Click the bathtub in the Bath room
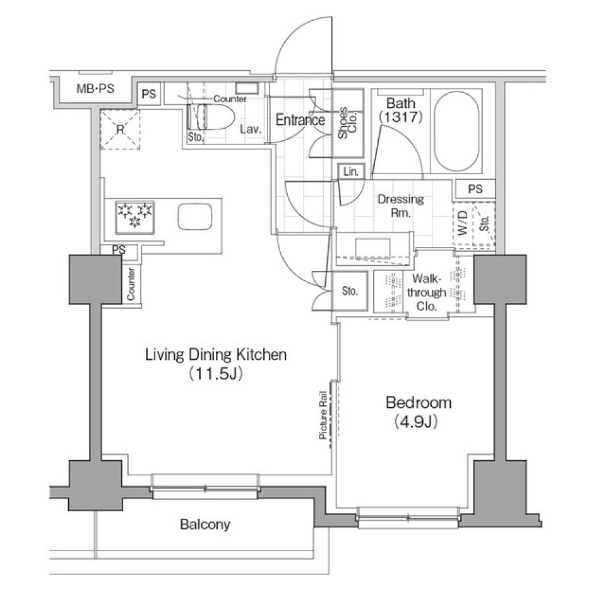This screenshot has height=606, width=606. pyautogui.click(x=457, y=131)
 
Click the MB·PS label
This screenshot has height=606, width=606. pyautogui.click(x=95, y=89)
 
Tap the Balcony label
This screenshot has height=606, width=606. pyautogui.click(x=205, y=525)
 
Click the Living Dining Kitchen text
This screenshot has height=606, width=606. pyautogui.click(x=216, y=355)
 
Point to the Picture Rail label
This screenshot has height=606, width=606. pyautogui.click(x=323, y=415)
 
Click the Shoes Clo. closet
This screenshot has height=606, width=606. pyautogui.click(x=348, y=124)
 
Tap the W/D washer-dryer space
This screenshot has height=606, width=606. pyautogui.click(x=463, y=222)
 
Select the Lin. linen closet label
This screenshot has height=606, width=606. pyautogui.click(x=350, y=172)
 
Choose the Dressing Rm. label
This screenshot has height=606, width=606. pyautogui.click(x=400, y=206)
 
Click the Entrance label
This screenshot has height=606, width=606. pyautogui.click(x=300, y=120)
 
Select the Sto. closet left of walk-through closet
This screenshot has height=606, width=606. pyautogui.click(x=349, y=292)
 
